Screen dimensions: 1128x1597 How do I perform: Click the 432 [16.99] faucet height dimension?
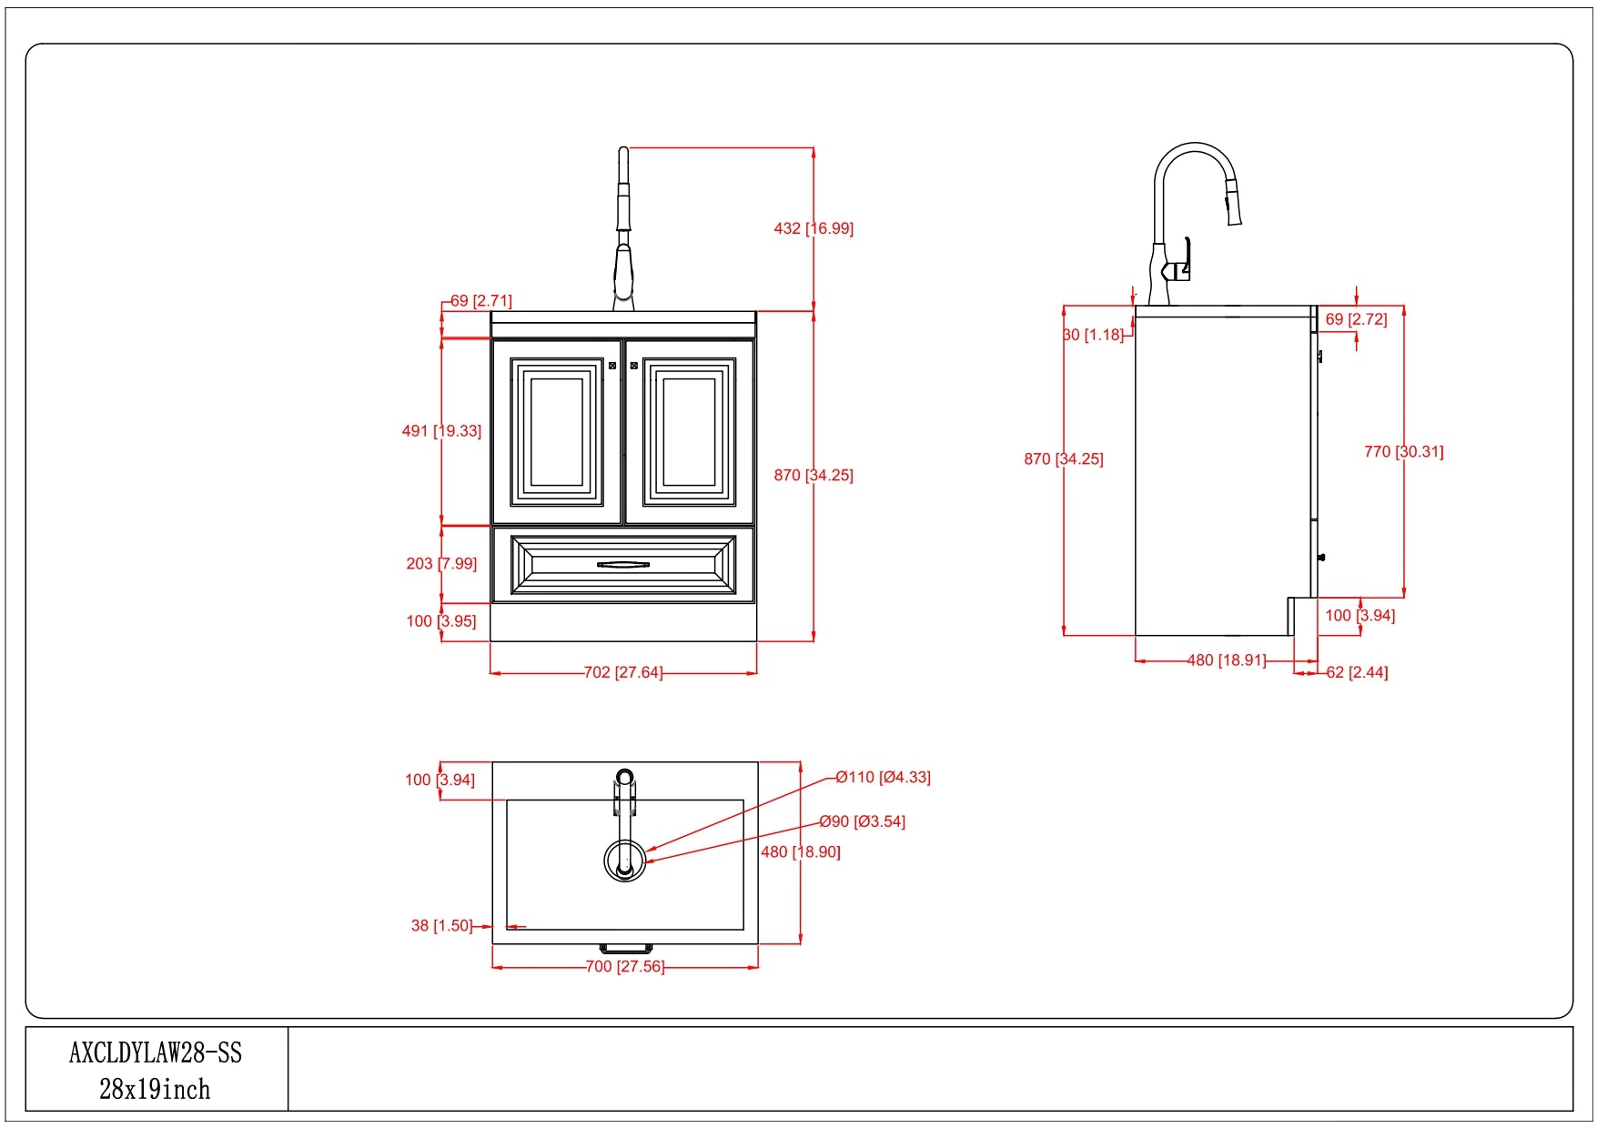pos(813,228)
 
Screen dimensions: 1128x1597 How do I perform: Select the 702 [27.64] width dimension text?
pos(623,672)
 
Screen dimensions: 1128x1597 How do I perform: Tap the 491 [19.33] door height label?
pos(441,430)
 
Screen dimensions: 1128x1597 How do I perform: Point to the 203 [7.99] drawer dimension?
pos(441,563)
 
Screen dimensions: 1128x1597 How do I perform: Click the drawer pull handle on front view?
pos(623,565)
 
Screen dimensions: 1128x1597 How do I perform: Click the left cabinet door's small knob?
pos(612,366)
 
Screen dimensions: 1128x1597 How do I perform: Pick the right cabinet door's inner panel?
pos(689,432)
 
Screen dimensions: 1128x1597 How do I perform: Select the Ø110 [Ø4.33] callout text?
pos(883,777)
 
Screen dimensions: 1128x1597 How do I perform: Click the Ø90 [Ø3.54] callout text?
pos(862,821)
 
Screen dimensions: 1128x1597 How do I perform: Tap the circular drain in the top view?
pos(625,860)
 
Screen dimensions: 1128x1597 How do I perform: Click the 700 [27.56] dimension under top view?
pos(624,966)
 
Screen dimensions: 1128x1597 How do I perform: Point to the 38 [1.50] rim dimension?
pos(441,925)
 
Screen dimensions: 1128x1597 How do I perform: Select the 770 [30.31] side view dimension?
pos(1403,451)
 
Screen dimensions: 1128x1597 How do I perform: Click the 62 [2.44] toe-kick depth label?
pos(1356,672)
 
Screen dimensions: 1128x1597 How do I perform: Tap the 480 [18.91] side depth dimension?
pos(1226,660)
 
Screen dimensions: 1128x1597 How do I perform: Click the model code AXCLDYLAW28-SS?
pos(156,1052)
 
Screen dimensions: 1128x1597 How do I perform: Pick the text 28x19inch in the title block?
pos(155,1089)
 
